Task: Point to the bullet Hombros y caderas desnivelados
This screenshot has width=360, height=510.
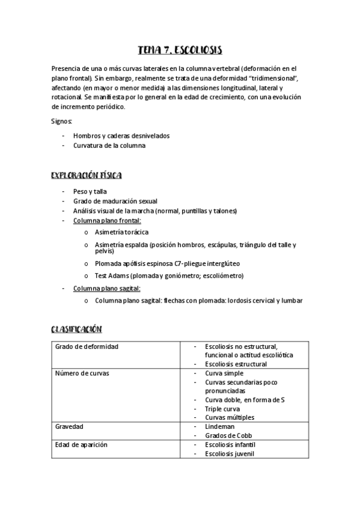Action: click(121, 135)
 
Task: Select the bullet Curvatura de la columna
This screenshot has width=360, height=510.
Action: click(109, 145)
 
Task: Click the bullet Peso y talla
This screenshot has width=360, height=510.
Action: click(90, 191)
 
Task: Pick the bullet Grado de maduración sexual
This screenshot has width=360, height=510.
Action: click(115, 201)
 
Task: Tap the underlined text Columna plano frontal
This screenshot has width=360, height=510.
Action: click(107, 221)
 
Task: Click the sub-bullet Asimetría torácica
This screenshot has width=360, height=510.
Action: click(122, 232)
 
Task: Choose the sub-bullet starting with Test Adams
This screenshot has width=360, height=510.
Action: click(169, 275)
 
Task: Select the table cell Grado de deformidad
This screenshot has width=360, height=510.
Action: click(87, 346)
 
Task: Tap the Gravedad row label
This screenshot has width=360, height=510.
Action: click(70, 426)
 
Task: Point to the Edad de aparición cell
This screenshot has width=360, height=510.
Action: click(82, 444)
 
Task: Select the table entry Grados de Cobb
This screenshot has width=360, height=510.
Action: click(228, 435)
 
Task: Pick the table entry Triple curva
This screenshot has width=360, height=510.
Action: click(222, 408)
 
